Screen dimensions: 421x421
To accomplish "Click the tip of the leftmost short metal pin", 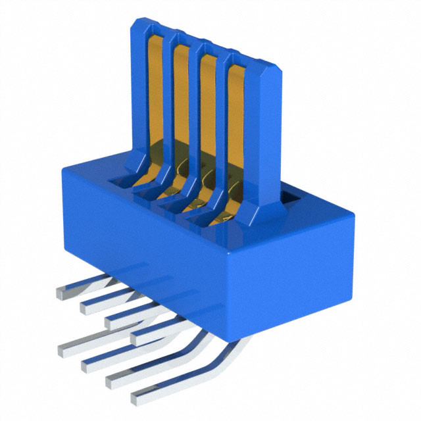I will pos(61,294).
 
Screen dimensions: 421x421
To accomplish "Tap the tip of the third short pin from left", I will pos(109,321).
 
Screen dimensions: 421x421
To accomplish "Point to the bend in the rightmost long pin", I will pos(214,355).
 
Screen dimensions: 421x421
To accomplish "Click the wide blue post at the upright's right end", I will pos(266,132).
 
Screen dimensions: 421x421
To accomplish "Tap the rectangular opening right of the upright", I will pos(291,195).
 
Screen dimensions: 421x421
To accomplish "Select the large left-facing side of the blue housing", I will pos(145,237).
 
